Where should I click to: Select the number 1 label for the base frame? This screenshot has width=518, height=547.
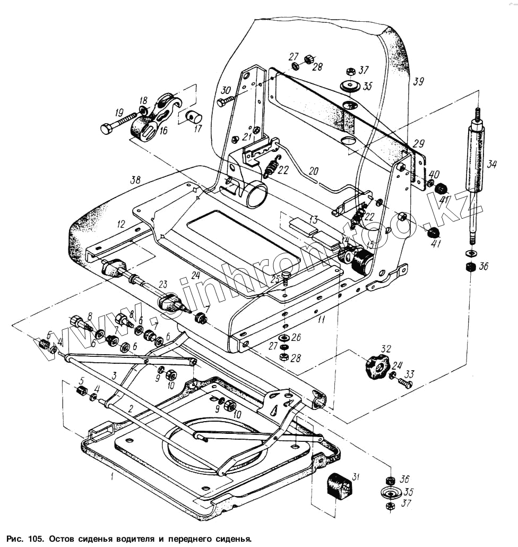point(112,476)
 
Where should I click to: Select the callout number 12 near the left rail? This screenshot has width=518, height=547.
point(120,225)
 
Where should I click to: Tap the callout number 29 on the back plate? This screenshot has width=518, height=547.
point(419,143)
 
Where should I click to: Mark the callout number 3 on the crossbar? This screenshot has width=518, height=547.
point(114,375)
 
